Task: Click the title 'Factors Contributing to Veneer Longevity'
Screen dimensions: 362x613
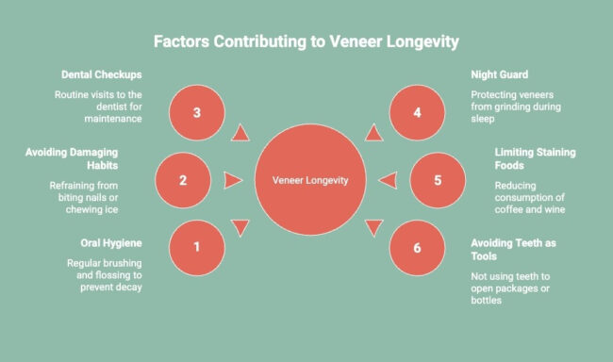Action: click(x=306, y=41)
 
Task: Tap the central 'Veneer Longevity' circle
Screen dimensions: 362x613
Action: click(x=310, y=179)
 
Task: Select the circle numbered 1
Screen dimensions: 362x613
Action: click(x=196, y=247)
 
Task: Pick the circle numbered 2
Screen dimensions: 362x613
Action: click(x=182, y=179)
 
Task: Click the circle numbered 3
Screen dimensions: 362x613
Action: click(x=196, y=112)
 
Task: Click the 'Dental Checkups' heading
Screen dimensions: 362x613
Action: click(x=101, y=74)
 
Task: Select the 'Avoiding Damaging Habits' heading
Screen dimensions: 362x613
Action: click(x=89, y=158)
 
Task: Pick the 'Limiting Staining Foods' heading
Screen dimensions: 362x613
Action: click(x=536, y=158)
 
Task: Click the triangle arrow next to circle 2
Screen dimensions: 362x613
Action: click(x=233, y=179)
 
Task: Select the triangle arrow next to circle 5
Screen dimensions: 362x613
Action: click(x=387, y=179)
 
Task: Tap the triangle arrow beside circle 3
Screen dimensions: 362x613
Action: click(x=240, y=133)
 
